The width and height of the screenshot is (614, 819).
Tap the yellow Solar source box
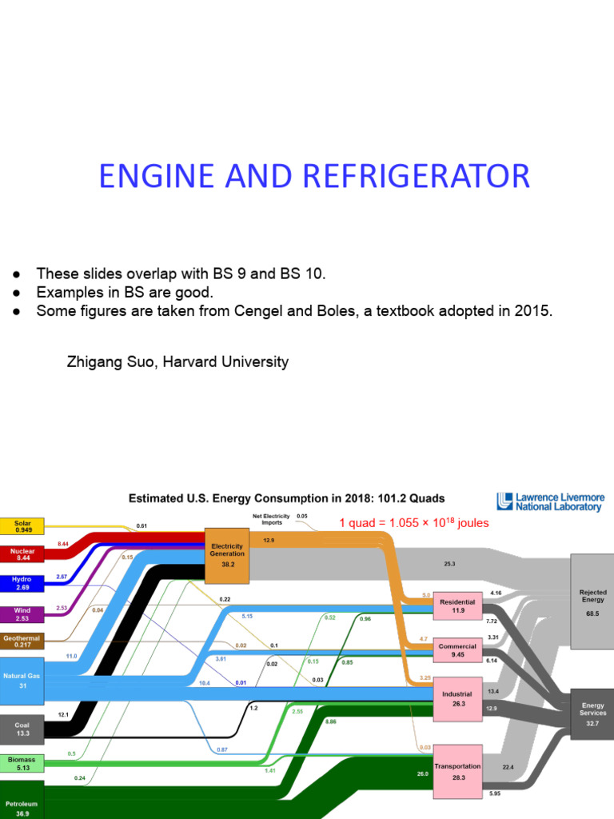(x=22, y=526)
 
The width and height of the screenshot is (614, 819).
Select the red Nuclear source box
(x=22, y=554)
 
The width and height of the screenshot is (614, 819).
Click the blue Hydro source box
(x=22, y=583)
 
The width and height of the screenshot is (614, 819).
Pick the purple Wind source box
(x=22, y=614)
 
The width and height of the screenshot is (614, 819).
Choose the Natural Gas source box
(x=22, y=680)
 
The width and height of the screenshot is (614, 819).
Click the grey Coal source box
(x=22, y=729)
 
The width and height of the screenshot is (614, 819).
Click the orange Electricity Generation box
(x=227, y=555)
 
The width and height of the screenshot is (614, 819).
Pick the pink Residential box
(x=457, y=606)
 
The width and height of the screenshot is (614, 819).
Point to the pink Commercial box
(x=457, y=650)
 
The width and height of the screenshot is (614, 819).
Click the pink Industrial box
(x=457, y=699)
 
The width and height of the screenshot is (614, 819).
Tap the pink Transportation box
(x=457, y=771)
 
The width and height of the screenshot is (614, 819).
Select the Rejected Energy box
(x=592, y=601)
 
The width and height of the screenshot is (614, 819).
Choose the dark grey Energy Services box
(x=592, y=713)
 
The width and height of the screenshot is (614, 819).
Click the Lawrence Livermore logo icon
(x=504, y=501)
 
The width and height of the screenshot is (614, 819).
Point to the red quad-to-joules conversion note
(x=413, y=523)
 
